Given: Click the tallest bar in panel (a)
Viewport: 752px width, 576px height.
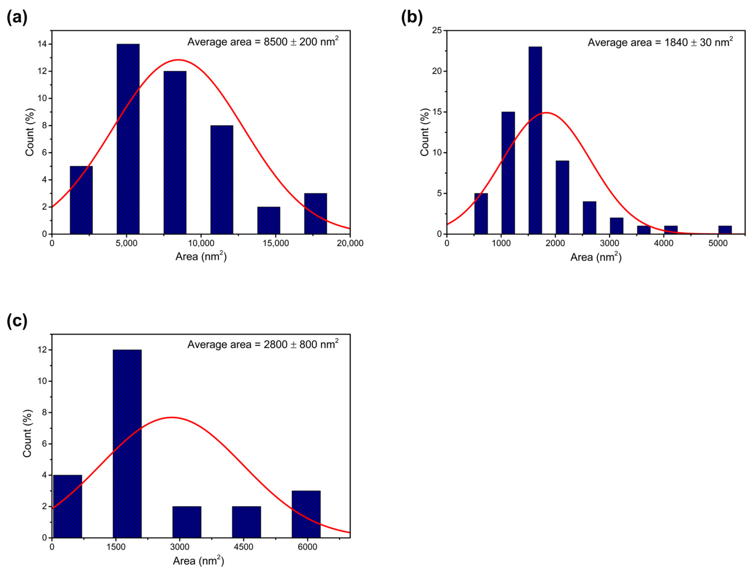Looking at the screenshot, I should [x=128, y=139].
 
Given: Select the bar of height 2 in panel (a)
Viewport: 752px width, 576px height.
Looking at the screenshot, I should [x=268, y=220].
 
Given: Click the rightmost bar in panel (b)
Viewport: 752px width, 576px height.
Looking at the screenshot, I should [x=725, y=230].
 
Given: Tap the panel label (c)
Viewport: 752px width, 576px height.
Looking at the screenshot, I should [x=17, y=321].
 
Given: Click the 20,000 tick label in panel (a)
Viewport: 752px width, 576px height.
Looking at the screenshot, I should [x=349, y=243].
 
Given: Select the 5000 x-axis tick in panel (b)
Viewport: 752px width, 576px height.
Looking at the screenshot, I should [x=718, y=243].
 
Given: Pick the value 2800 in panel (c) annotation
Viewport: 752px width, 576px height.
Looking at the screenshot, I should [x=275, y=344].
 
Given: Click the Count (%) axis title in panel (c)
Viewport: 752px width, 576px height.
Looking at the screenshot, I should [x=28, y=433].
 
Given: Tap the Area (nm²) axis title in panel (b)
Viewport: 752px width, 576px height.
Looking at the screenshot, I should [x=596, y=257].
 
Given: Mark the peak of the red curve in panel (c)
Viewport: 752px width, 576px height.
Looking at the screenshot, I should [x=171, y=417].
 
